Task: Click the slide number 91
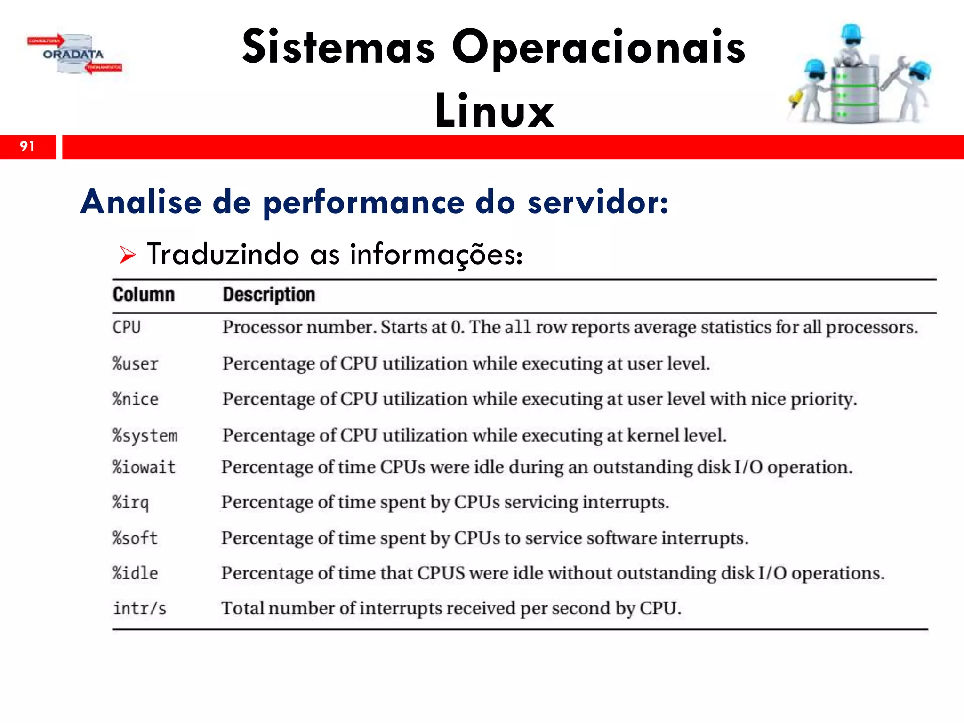tap(27, 146)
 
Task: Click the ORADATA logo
tap(74, 54)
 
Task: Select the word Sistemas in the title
tap(338, 47)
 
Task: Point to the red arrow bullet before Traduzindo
tap(127, 255)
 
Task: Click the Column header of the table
tap(144, 295)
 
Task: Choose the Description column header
tap(269, 295)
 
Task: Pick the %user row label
tap(136, 364)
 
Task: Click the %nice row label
tap(136, 399)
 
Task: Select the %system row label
tap(145, 436)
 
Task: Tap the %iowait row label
tap(144, 467)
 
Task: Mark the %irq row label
tap(131, 503)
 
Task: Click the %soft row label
tap(135, 538)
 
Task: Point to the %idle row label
tap(136, 573)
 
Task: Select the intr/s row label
tap(140, 609)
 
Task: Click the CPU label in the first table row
tap(127, 327)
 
